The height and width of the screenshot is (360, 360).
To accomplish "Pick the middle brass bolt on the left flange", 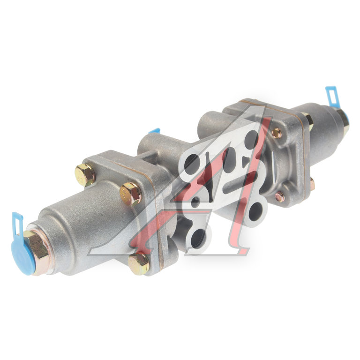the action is pyautogui.click(x=131, y=194).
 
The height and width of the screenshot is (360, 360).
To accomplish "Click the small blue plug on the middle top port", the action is pyautogui.click(x=154, y=131).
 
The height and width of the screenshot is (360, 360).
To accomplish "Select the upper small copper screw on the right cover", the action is pyautogui.click(x=276, y=133).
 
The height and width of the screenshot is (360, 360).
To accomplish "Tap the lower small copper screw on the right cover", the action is pyautogui.click(x=279, y=197).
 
